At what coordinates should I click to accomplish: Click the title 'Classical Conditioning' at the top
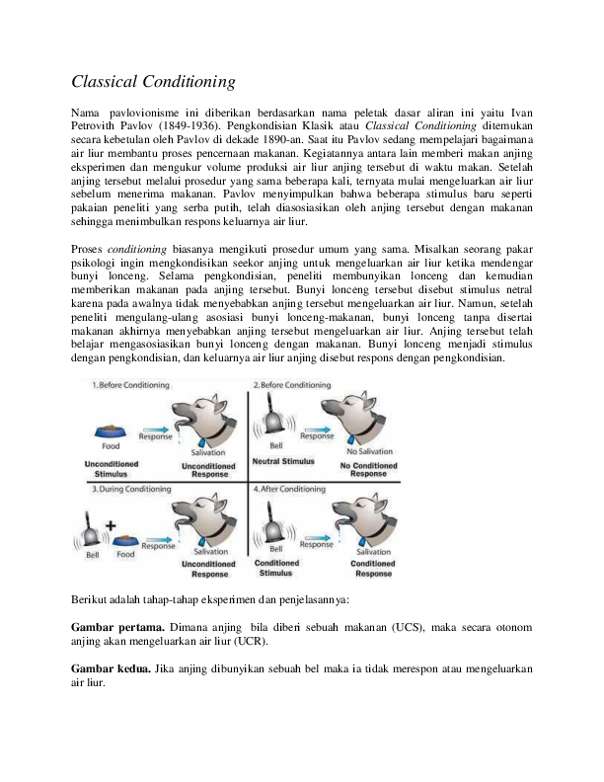[x=154, y=81]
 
